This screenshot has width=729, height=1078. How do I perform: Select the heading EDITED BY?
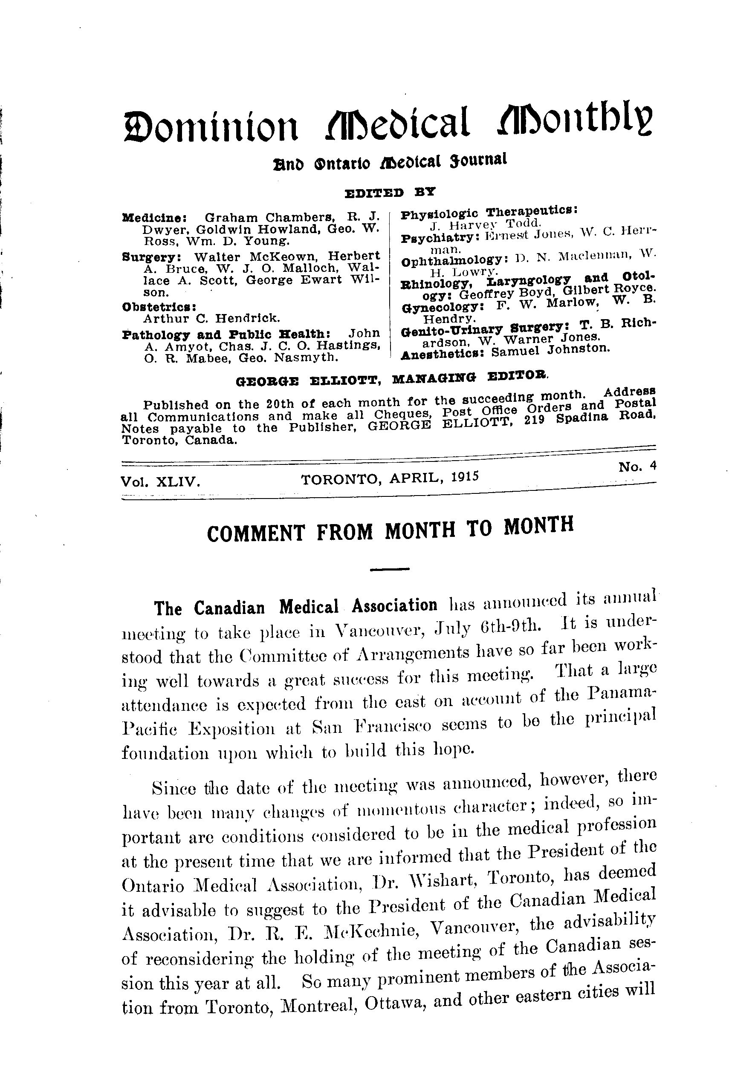tap(390, 192)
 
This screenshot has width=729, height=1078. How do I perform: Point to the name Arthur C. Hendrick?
tap(211, 318)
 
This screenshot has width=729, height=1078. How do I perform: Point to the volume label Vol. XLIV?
tap(160, 482)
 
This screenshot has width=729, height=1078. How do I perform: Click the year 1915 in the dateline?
tap(461, 476)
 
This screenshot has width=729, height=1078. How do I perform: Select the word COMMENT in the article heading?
tap(257, 533)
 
